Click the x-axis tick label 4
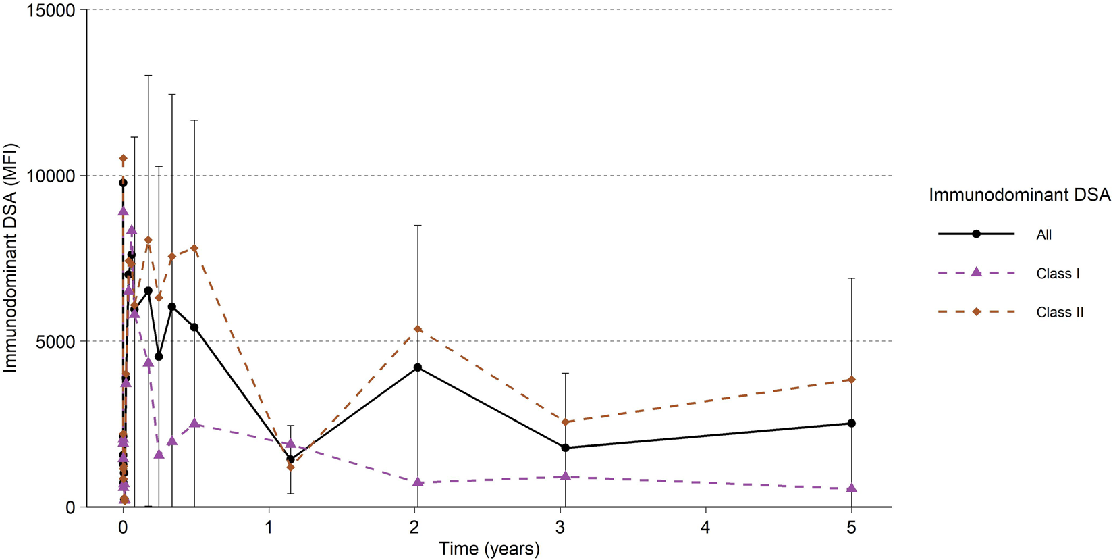tap(706, 527)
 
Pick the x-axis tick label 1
tap(269, 527)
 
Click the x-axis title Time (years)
tap(489, 549)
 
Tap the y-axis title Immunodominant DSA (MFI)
tap(10, 258)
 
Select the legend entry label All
tap(1043, 235)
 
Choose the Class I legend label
tap(1058, 274)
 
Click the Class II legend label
tap(1060, 313)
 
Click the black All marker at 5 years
tap(852, 424)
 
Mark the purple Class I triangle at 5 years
tap(852, 488)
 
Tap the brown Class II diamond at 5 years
tap(852, 380)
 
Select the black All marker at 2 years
tap(418, 367)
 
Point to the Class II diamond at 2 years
tap(418, 329)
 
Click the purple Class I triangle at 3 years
tap(566, 476)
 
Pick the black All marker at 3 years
tap(566, 448)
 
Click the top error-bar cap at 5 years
tap(852, 278)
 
